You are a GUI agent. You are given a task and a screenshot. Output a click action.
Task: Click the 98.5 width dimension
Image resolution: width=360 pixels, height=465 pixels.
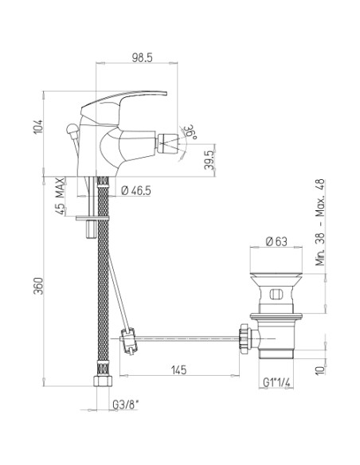(142, 58)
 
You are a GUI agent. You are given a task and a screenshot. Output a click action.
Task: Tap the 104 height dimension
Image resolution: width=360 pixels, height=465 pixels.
(38, 127)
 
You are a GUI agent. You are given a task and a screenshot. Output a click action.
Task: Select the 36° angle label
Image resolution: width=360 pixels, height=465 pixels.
(190, 131)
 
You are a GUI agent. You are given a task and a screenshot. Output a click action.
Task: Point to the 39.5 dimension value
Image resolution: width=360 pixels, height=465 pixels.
(209, 160)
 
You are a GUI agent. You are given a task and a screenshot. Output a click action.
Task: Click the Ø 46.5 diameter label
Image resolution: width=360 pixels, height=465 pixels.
(136, 190)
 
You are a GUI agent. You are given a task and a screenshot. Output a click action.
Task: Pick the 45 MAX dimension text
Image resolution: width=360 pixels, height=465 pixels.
(60, 196)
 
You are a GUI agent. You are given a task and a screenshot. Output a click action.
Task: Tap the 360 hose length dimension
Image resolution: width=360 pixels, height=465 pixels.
(38, 286)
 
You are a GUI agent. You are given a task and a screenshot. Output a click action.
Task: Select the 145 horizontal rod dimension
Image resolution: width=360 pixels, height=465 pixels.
(179, 369)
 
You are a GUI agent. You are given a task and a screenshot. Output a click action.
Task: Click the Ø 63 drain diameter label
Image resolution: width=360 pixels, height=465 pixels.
(276, 242)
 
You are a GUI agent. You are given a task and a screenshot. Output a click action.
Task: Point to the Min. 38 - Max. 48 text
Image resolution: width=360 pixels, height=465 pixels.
(320, 222)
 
